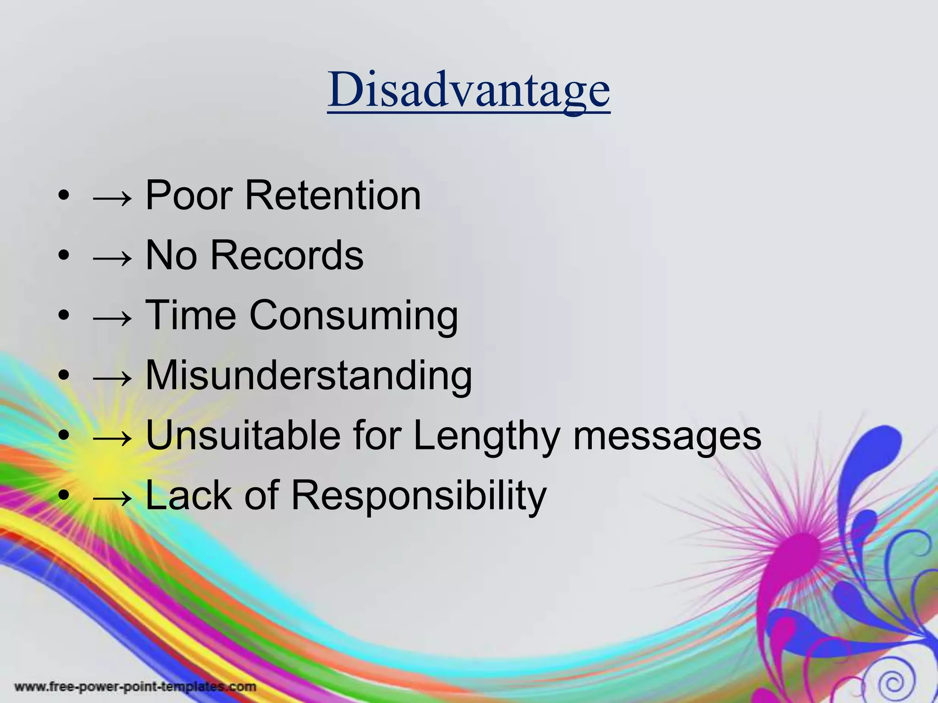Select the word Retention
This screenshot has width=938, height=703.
(x=333, y=195)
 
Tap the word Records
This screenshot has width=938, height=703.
(x=287, y=255)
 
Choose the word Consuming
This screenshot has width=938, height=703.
(x=353, y=316)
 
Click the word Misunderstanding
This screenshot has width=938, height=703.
(x=308, y=375)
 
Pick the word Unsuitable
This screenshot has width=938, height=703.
(x=243, y=435)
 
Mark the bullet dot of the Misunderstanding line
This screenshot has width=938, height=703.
(x=64, y=375)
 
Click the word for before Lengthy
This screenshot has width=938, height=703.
(x=376, y=435)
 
